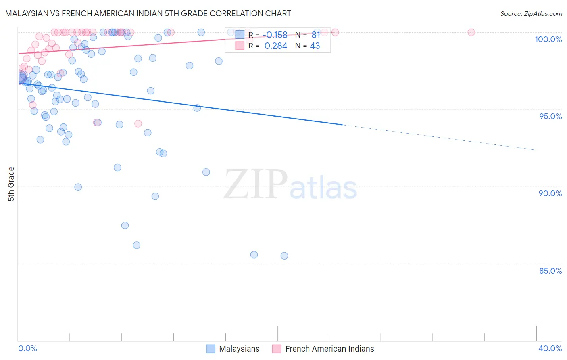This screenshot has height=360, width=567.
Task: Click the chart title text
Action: [148, 13]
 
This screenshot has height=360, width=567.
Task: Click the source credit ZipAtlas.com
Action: [531, 13]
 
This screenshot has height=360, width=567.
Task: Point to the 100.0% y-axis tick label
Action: [548, 39]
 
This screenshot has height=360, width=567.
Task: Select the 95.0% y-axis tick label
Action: [550, 116]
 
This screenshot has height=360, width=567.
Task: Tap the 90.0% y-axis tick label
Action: [550, 193]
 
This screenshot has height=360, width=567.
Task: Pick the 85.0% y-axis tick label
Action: [550, 271]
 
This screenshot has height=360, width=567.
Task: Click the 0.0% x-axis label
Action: [27, 348]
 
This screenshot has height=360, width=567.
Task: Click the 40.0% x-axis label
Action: [550, 348]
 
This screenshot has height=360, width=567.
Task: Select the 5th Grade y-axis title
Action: [11, 184]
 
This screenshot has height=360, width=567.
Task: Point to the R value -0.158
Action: [276, 35]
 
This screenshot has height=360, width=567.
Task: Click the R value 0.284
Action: [276, 46]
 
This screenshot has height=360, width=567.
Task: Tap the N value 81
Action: [316, 35]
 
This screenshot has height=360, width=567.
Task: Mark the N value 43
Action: [315, 46]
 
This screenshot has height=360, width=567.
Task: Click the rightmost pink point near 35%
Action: [471, 32]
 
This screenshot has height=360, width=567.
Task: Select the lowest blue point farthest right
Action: [284, 256]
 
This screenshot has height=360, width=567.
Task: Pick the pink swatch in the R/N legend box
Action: [240, 46]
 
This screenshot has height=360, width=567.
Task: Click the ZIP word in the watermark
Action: [255, 185]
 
